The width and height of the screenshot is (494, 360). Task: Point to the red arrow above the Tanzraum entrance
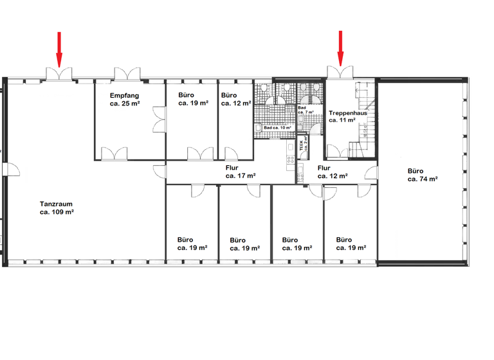59,48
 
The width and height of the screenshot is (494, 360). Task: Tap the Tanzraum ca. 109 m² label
57,206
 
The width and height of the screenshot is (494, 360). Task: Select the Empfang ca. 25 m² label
124,99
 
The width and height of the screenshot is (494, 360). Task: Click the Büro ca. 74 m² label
422,175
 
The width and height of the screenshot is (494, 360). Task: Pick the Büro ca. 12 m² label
235,99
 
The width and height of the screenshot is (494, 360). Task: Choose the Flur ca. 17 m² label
241,171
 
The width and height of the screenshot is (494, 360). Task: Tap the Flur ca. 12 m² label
333,171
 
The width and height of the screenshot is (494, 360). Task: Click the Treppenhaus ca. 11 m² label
347,116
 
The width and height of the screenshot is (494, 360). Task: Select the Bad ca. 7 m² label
306,110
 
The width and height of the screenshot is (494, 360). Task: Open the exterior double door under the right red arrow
339,72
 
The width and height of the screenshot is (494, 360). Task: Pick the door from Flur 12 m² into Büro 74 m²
372,172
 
